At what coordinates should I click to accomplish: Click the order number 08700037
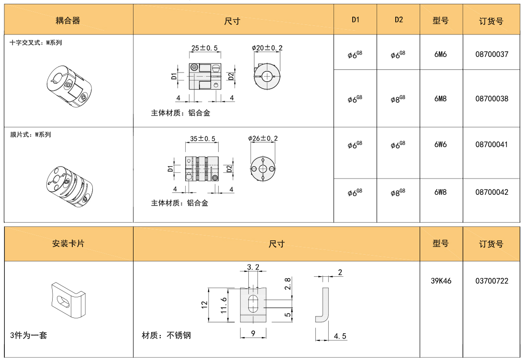[491, 54]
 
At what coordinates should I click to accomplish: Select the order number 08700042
[491, 192]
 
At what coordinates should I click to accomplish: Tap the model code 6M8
[440, 99]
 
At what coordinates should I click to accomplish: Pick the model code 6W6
[440, 145]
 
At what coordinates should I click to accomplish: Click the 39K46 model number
[441, 281]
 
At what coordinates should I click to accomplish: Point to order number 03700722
[491, 281]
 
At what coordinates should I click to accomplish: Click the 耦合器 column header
[68, 21]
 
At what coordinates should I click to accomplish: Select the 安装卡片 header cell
[68, 243]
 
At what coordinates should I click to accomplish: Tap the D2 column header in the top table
[399, 20]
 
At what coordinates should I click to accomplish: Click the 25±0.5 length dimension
[204, 48]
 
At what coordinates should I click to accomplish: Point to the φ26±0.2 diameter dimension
[263, 138]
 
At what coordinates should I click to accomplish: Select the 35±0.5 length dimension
[202, 138]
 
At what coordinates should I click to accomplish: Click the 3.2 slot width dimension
[253, 267]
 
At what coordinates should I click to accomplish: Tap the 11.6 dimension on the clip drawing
[224, 305]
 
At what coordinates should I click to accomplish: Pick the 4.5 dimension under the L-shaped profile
[340, 336]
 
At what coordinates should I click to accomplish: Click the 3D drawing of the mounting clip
[68, 300]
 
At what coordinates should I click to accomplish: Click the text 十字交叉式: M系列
[36, 43]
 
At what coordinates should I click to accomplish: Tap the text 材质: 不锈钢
[167, 335]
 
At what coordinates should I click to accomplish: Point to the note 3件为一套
[28, 335]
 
